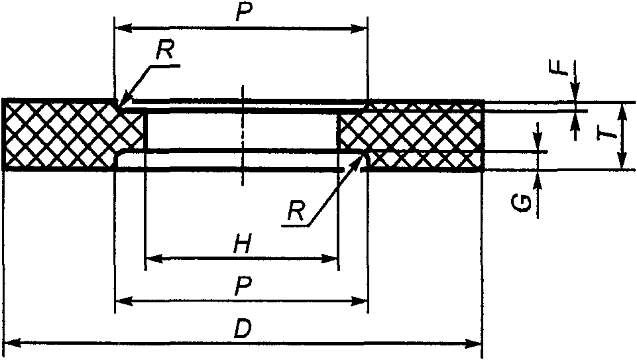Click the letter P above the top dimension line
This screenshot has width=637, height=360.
(243, 13)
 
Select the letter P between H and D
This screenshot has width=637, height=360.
(243, 286)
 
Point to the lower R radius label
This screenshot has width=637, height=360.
(296, 211)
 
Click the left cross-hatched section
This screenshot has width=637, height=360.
(66, 134)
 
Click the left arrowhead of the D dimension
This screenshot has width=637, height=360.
(12, 343)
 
